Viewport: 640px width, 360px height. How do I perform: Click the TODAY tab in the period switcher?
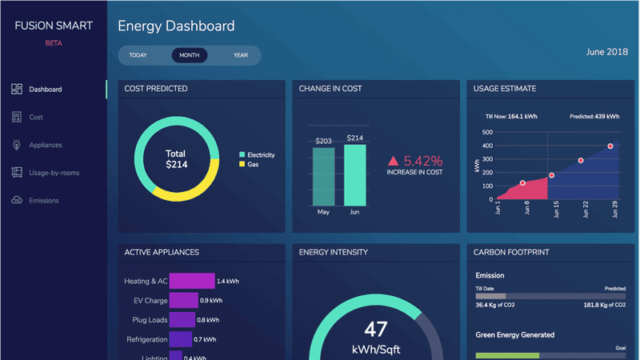point(138,55)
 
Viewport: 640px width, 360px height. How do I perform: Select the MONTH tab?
point(190,55)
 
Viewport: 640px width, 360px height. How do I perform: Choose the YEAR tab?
point(241,55)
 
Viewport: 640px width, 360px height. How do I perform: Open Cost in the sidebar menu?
point(35,118)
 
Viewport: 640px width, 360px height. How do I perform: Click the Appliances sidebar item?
point(45,145)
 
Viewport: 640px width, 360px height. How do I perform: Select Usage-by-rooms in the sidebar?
point(54,172)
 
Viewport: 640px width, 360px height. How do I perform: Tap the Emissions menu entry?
point(44,200)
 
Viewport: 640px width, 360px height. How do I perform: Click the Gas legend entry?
point(252,163)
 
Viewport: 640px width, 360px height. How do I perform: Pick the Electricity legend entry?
point(260,154)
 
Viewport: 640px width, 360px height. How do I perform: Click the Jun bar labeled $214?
point(355,175)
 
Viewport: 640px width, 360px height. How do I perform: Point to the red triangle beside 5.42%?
point(394,161)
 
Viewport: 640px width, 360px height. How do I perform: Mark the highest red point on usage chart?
point(610,146)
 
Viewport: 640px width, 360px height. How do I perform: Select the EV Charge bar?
point(184,300)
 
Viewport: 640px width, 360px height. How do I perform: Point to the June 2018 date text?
point(606,52)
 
